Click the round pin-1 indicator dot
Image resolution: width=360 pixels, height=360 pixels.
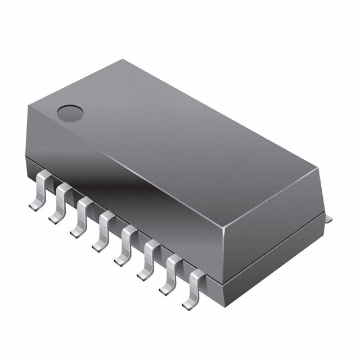(70, 112)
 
